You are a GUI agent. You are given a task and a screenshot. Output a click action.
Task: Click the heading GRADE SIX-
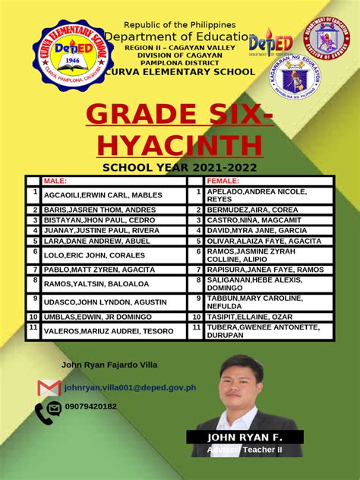point(179,115)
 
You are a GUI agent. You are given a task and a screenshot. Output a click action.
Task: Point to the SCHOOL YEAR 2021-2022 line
point(179,167)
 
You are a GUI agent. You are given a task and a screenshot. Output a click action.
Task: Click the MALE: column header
point(55,181)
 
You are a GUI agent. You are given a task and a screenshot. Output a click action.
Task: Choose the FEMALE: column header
point(223,181)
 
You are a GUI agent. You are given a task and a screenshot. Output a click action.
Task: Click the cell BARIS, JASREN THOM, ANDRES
point(89,209)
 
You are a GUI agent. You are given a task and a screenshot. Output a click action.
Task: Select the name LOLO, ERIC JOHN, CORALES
point(84,256)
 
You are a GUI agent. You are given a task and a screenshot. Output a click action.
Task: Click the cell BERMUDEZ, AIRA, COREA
point(252,209)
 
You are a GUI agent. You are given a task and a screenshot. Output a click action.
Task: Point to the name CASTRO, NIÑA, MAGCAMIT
point(254,219)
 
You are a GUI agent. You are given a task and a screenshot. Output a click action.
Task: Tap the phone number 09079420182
point(91,406)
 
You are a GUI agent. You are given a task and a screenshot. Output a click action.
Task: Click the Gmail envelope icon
point(49,387)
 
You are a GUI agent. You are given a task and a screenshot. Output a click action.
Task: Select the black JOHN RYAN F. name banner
point(245,437)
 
